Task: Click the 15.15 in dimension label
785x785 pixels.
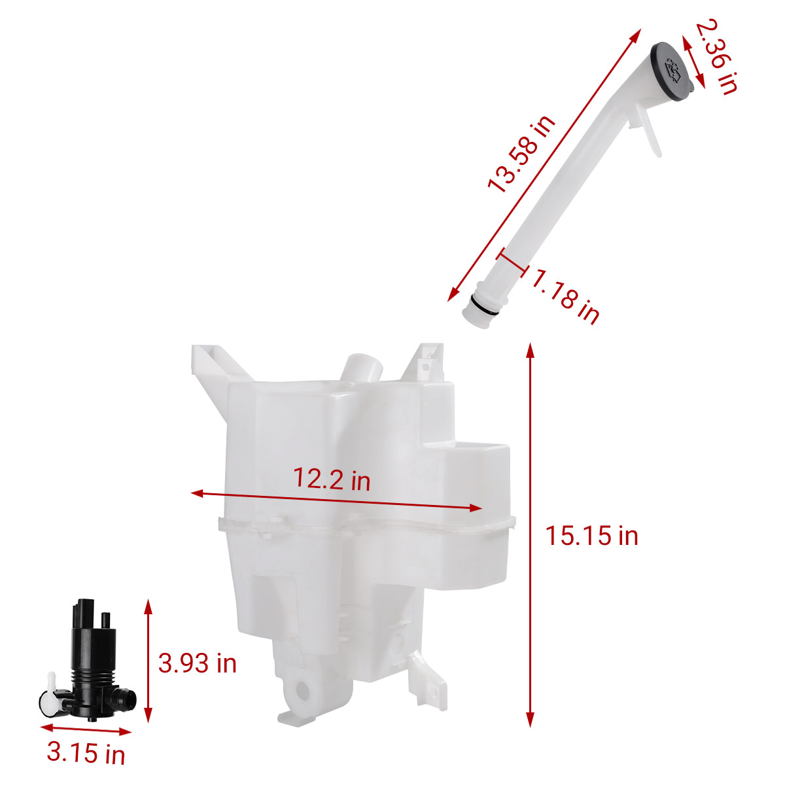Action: [x=591, y=536]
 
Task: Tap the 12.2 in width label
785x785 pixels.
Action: [x=332, y=479]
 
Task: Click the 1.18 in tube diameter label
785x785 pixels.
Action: [x=566, y=296]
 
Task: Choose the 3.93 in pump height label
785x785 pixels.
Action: [x=197, y=663]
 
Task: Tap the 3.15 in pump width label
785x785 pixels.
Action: [x=86, y=752]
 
